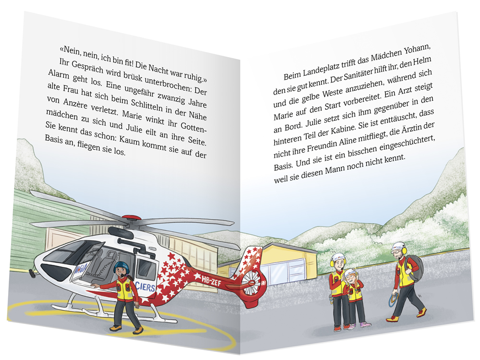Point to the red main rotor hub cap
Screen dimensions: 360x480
[131, 217]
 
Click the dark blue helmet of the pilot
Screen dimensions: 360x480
[120, 267]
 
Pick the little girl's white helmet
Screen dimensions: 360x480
[349, 274]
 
